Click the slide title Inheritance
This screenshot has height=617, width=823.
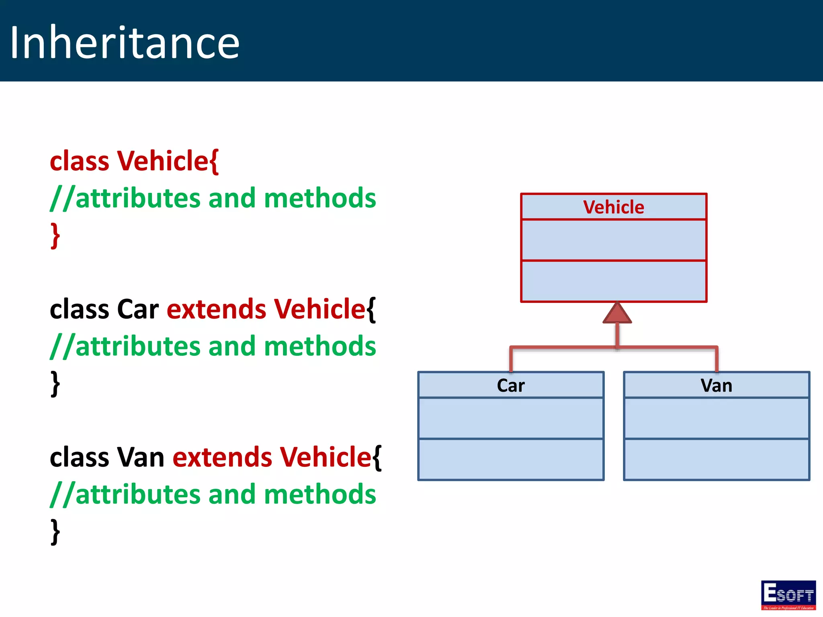(125, 42)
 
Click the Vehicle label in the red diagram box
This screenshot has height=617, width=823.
(613, 207)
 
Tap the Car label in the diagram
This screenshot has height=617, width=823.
(510, 386)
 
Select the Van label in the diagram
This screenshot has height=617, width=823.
(716, 386)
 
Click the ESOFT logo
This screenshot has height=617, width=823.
(788, 595)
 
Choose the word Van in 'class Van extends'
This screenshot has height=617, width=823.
(141, 457)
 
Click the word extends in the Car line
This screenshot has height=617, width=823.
(216, 309)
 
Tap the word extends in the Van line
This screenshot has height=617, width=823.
(222, 457)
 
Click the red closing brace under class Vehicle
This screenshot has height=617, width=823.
(55, 236)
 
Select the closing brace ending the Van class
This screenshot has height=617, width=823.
(55, 532)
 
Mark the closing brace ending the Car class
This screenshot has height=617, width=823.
(55, 384)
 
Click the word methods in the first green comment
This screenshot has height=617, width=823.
(320, 198)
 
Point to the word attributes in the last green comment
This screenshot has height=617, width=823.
(138, 494)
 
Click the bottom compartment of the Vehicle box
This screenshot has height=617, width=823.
(613, 281)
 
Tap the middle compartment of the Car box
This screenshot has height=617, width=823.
(510, 418)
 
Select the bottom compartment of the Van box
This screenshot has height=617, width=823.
(716, 460)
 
